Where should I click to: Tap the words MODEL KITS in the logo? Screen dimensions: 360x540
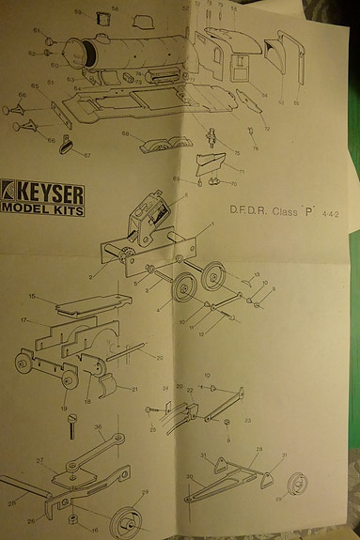click(x=42, y=210)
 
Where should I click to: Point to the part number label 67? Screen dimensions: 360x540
click(x=86, y=156)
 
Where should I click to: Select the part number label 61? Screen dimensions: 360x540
click(x=37, y=30)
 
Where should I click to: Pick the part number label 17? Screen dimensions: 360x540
click(x=23, y=319)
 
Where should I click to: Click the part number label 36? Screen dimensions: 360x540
click(x=98, y=427)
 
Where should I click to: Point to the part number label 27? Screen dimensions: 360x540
click(x=39, y=461)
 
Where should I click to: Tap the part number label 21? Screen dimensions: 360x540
click(x=134, y=390)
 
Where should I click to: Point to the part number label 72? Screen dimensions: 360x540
click(x=267, y=129)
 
